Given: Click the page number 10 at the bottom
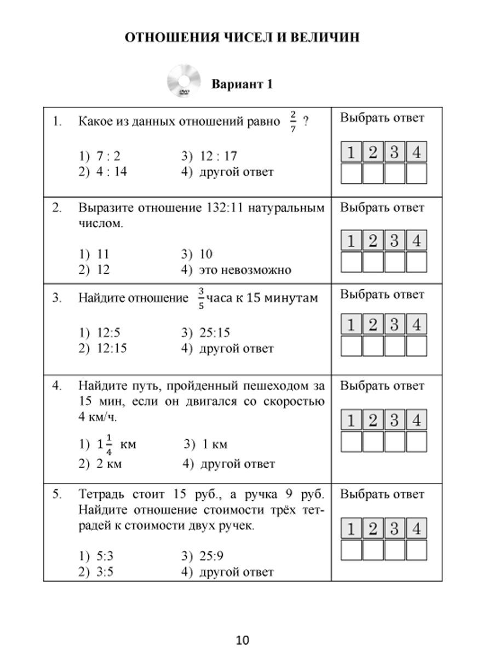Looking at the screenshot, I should point(243,639).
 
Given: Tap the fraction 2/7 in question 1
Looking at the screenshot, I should point(293,122).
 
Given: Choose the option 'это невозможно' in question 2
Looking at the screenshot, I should point(237,270).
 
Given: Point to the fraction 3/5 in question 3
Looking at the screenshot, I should point(201,298).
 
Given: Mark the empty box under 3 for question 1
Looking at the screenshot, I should point(394,174).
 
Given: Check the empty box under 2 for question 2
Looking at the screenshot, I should point(373,262).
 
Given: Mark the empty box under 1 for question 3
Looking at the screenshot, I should point(351,346).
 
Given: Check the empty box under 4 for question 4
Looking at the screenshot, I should point(416,441).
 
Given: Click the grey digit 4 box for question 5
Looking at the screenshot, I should point(416,529).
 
